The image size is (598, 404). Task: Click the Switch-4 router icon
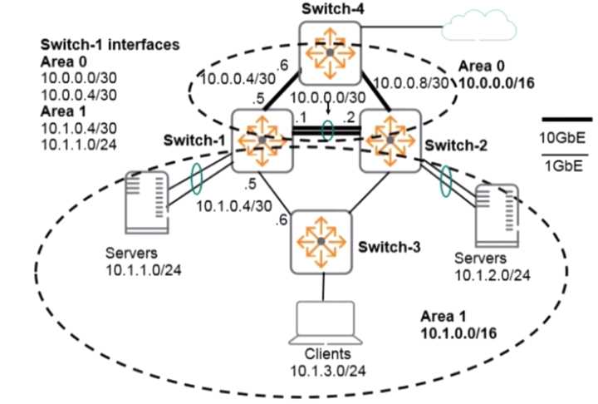click(x=330, y=52)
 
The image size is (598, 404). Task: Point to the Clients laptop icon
click(x=321, y=327)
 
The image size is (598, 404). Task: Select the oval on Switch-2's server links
click(x=447, y=184)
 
